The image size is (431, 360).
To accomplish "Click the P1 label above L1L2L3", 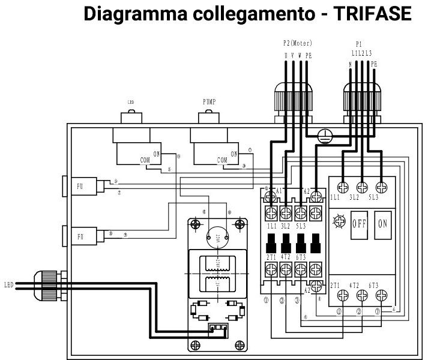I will point(359,44).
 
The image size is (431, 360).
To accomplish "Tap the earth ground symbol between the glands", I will point(324,136).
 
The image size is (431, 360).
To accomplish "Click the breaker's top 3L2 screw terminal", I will point(361,186).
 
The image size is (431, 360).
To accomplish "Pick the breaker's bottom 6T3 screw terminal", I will point(381,295).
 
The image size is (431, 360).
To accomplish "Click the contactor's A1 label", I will point(279,191).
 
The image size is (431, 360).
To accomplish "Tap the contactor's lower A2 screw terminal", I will point(316,285).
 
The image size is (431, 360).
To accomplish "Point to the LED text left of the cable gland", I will point(8,284).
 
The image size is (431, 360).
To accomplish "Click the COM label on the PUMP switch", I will point(222,160).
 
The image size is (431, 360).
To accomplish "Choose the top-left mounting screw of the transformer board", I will point(195,224).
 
